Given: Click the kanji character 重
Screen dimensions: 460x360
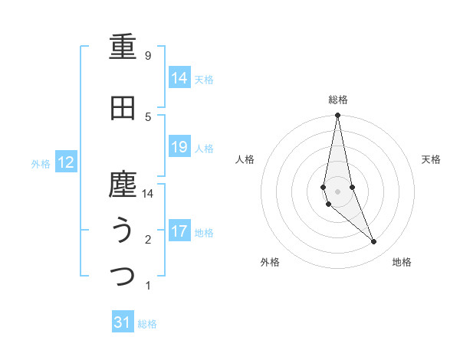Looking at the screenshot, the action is (123, 47).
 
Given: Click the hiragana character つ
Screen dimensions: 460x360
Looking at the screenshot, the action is (123, 276).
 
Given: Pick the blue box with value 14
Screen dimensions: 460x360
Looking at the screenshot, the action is (179, 78).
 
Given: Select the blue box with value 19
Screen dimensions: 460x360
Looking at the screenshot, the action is (179, 147).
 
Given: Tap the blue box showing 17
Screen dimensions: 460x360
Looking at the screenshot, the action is (179, 231).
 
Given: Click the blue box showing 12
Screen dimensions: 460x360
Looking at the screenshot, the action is (66, 162).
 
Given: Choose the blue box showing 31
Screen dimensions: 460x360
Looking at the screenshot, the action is (123, 322).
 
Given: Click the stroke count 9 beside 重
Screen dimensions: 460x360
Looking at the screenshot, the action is (148, 56).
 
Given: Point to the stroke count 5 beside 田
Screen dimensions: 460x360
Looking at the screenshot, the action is (148, 116).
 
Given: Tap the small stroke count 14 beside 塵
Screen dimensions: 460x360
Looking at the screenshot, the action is (148, 194).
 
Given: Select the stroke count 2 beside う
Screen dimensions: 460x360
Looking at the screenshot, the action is (148, 240).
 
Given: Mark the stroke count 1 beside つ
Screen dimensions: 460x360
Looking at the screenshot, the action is (148, 286).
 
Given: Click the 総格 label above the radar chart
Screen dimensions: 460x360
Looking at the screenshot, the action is (337, 100).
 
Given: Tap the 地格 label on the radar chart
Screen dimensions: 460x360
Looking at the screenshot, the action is (402, 263).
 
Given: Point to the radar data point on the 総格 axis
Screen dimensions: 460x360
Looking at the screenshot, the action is (337, 115).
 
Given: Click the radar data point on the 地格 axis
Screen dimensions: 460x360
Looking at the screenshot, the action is (373, 242).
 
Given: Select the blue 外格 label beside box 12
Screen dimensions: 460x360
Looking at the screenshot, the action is (41, 163).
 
